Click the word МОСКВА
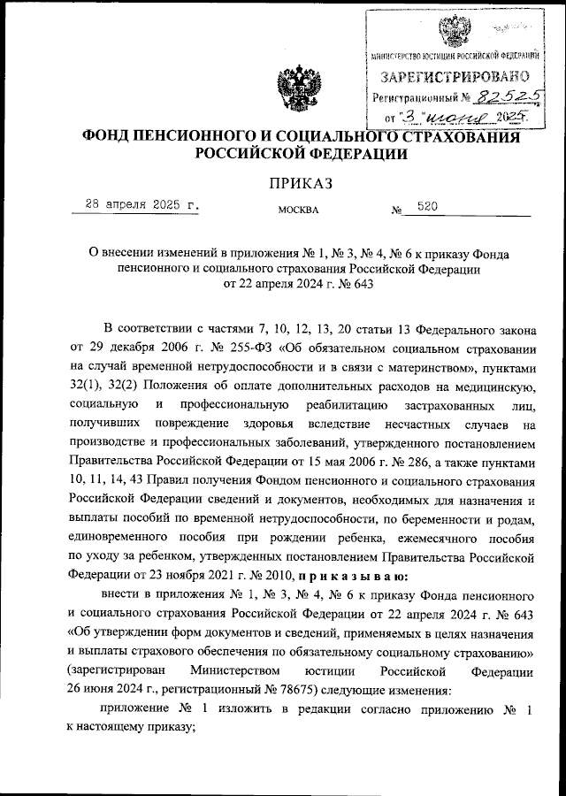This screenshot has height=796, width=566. coord(298,211)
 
